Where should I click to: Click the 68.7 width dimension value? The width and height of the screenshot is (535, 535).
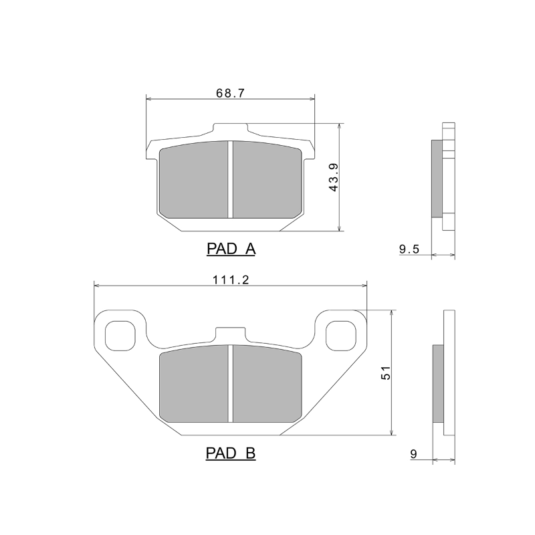(230, 93)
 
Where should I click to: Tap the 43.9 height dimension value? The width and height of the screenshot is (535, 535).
(334, 177)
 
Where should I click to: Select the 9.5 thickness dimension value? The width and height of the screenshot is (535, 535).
(409, 249)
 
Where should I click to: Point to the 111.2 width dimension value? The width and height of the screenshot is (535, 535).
(231, 280)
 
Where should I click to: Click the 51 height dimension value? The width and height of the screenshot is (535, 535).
(386, 373)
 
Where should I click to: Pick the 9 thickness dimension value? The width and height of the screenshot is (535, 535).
(413, 454)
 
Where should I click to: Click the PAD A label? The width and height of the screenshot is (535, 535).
(231, 249)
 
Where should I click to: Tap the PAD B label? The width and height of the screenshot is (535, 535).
(231, 453)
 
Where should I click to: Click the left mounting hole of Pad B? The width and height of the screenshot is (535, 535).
(120, 336)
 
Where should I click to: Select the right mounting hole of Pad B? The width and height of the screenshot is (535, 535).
(341, 336)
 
